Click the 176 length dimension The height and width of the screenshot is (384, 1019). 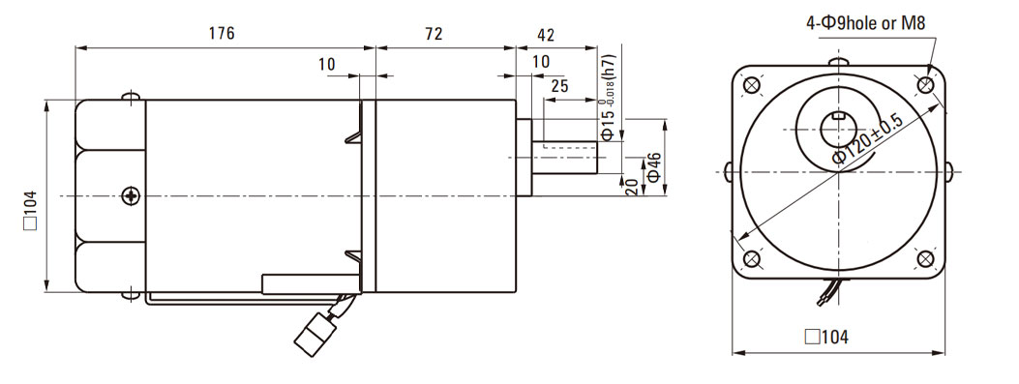pos(222,34)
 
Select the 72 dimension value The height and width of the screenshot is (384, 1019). pos(435,34)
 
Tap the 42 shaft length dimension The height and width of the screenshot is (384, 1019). pos(547,35)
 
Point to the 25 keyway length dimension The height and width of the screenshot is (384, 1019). pos(559,85)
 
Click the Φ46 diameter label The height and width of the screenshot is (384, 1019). pos(654,167)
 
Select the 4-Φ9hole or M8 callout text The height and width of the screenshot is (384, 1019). pos(866,24)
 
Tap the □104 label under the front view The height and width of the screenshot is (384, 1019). pos(826,338)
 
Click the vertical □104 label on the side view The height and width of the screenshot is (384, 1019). pos(31,210)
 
